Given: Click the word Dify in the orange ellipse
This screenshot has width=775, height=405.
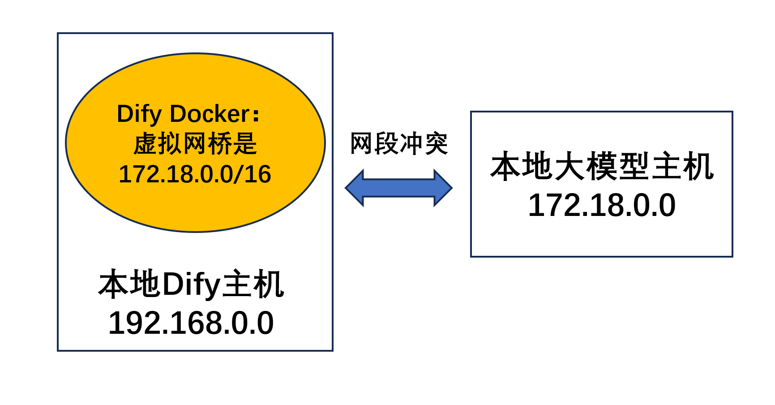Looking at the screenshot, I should (139, 114).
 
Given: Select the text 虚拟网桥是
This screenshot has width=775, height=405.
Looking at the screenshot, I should (195, 144).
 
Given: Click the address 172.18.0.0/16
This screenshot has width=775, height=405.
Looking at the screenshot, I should (195, 174).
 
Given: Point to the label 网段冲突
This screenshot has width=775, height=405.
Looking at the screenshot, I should (399, 143).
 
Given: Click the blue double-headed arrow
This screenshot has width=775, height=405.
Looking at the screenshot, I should (398, 188).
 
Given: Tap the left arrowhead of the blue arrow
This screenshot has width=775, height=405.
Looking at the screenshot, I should (355, 188).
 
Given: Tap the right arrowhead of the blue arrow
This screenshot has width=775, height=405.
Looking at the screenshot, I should (443, 188).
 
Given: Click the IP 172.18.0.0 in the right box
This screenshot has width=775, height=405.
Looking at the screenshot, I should (602, 205).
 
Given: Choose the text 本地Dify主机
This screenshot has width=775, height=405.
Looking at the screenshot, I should (191, 284).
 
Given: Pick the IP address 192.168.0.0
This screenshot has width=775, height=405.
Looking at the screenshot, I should (191, 323).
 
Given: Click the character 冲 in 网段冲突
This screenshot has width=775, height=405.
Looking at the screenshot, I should (411, 143).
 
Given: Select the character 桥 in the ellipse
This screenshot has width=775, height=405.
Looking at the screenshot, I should (220, 144).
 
